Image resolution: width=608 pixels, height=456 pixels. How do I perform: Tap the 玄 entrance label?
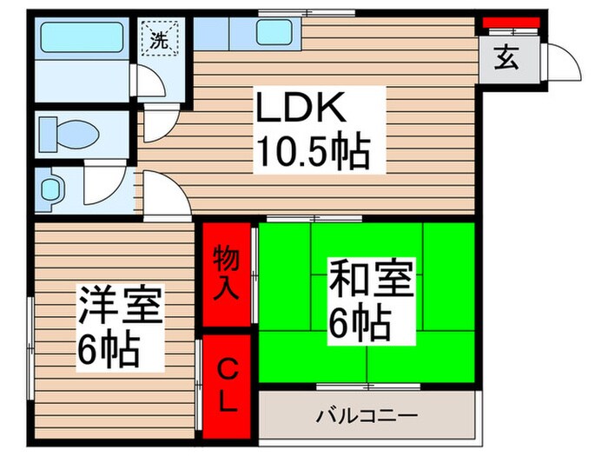point(506,61)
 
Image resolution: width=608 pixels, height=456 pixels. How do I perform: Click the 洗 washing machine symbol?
point(160,40)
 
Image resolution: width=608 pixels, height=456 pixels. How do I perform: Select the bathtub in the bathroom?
point(82,39)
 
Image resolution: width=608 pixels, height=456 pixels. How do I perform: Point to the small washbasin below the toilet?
point(53,188)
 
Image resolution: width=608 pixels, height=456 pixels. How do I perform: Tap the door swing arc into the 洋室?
point(167,197)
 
